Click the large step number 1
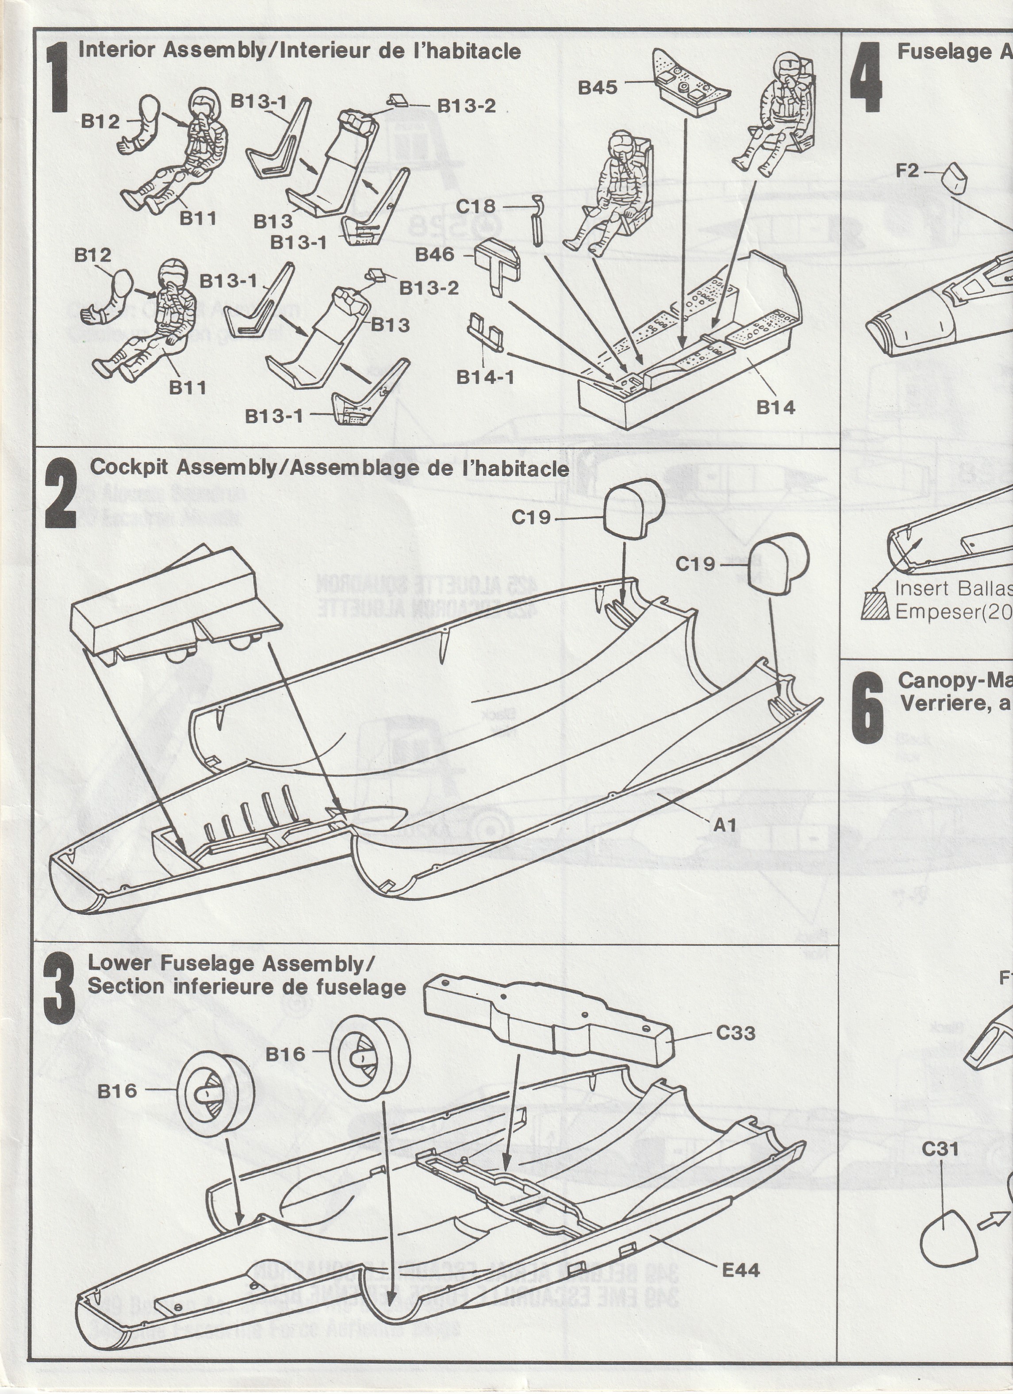point(59,77)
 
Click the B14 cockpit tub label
point(776,407)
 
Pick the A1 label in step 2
point(725,825)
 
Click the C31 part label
point(940,1149)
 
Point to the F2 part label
point(907,170)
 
